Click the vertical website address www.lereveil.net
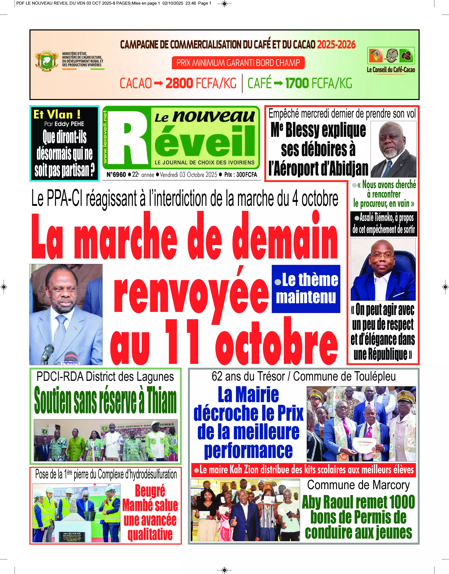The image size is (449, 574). [105, 137]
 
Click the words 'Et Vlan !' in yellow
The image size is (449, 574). [57, 115]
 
